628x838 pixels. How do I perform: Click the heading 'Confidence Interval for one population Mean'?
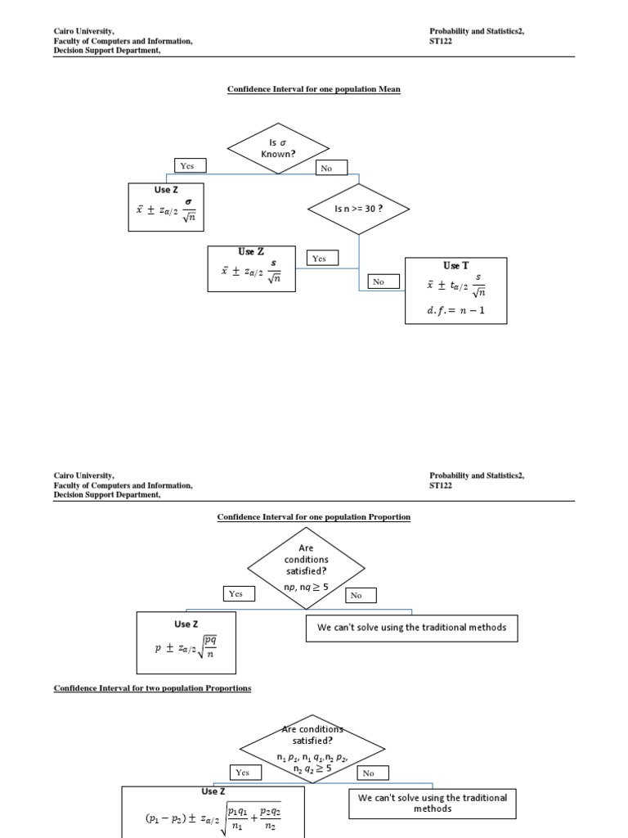[x=314, y=88]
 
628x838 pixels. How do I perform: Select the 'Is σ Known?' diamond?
[x=278, y=148]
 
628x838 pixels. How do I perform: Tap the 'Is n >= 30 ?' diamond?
[x=359, y=209]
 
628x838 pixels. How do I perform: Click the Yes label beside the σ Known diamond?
[x=188, y=165]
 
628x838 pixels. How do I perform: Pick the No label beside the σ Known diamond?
[x=332, y=168]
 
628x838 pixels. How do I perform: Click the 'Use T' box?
[x=455, y=291]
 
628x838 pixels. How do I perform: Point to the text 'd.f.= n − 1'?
[x=455, y=310]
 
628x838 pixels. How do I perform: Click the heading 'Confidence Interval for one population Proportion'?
[x=314, y=517]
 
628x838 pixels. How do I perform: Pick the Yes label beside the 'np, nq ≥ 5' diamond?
[x=236, y=594]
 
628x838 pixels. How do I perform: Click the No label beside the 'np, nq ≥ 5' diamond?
[x=356, y=596]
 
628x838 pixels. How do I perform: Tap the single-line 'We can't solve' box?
[x=411, y=628]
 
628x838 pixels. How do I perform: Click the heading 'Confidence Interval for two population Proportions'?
[x=153, y=688]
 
